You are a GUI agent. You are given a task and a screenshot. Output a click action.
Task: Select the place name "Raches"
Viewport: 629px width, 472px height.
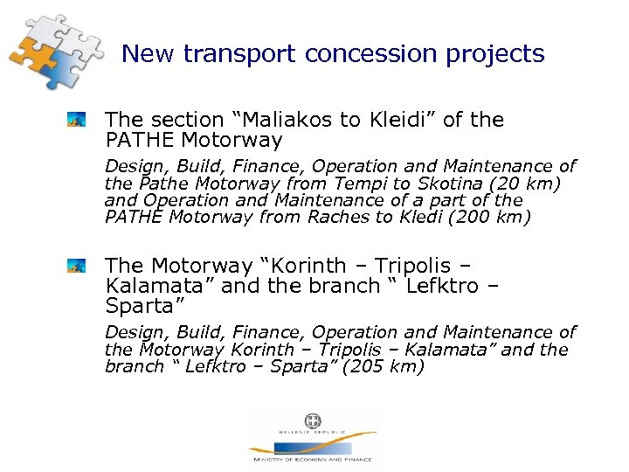335,219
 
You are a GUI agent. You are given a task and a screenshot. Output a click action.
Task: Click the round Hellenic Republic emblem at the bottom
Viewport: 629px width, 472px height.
312,422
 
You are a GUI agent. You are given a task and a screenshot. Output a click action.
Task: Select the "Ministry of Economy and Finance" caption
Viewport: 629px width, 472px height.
312,459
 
